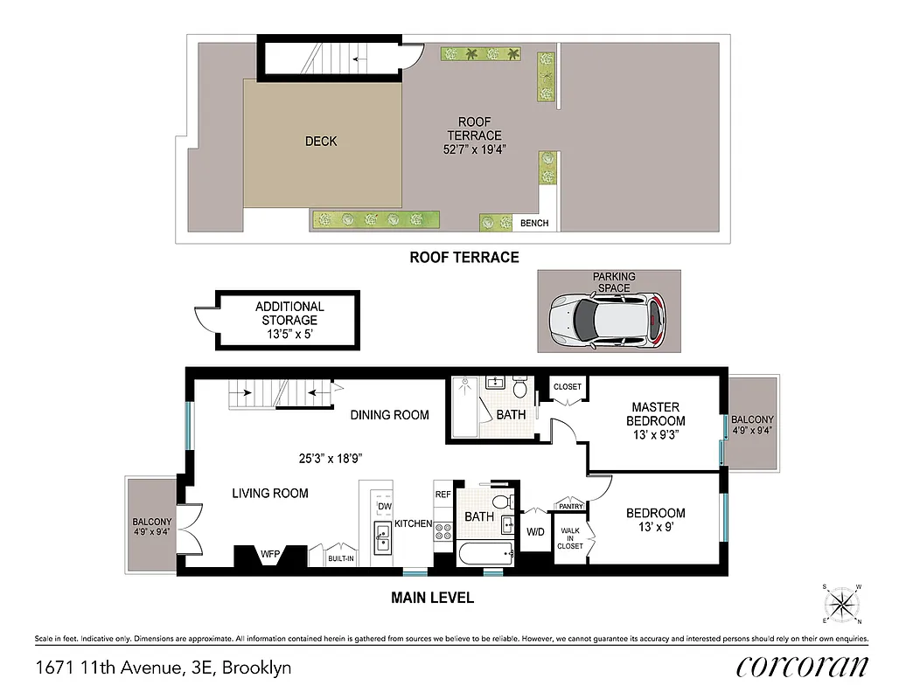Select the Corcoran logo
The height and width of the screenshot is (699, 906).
[802, 666]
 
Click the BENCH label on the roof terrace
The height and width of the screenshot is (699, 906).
[534, 223]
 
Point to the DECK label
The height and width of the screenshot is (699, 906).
[321, 141]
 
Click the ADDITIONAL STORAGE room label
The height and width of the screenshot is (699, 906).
[289, 320]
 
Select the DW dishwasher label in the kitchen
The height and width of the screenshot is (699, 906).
[384, 506]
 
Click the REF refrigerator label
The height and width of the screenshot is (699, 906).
[443, 494]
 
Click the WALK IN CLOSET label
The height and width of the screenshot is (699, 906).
[571, 537]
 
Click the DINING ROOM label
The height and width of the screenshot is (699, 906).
[389, 414]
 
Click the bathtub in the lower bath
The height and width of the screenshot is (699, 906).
[484, 551]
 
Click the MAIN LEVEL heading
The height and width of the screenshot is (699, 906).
[431, 599]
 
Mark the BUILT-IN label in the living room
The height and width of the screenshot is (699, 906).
[341, 557]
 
